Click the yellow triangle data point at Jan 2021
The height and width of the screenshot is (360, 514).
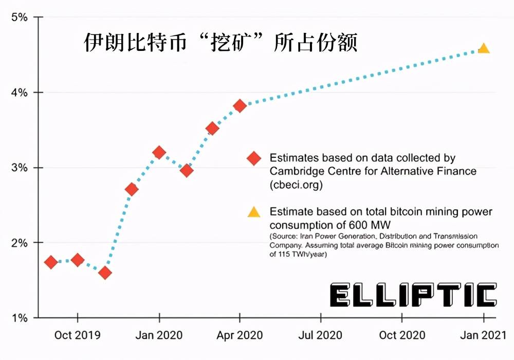pos(483,49)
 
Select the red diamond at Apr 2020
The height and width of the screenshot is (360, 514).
pos(240,106)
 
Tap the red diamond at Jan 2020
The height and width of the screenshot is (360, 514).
pos(159,153)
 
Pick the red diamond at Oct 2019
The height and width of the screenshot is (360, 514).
pos(78,260)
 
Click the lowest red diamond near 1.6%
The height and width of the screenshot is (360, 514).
pos(105,273)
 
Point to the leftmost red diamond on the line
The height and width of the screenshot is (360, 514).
pos(51,262)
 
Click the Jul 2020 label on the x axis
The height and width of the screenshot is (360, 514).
pos(321,335)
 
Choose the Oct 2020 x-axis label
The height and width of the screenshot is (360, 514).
pos(402,335)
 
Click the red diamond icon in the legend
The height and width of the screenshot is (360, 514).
pos(253,158)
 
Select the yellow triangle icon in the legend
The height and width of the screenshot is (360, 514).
pos(253,212)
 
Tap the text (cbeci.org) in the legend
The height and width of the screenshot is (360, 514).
pos(296,185)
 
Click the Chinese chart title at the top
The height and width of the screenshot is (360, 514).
pos(221,43)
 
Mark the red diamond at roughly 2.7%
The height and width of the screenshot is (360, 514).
pos(132,189)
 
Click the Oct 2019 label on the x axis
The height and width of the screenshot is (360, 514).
pos(78,335)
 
